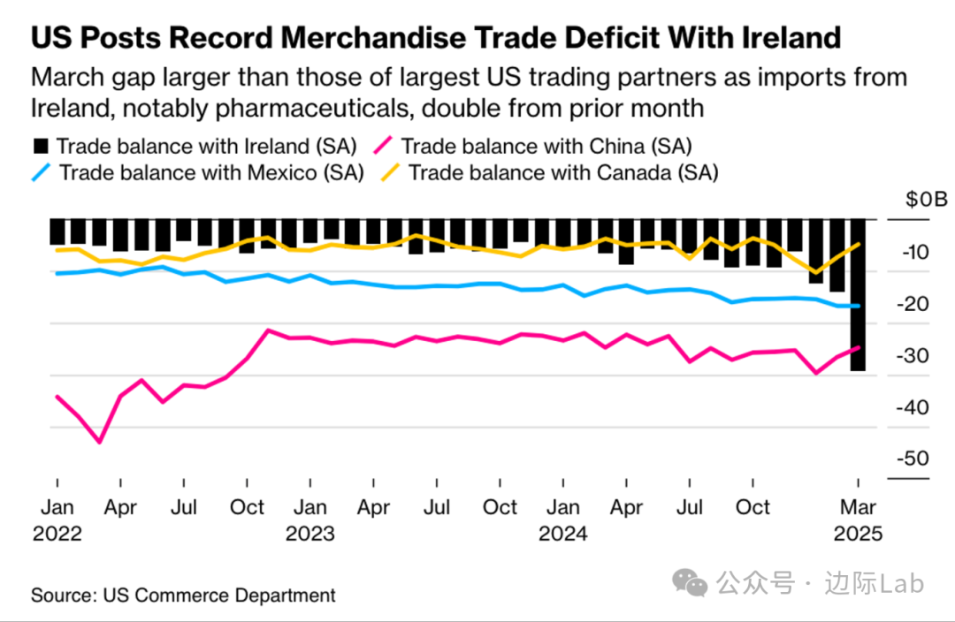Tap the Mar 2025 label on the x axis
coord(858,520)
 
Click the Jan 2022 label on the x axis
coord(57,520)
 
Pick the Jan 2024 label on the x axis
coord(563,520)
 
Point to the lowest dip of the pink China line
coord(100,442)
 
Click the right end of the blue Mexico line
coord(857,306)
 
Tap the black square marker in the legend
coord(39,146)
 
